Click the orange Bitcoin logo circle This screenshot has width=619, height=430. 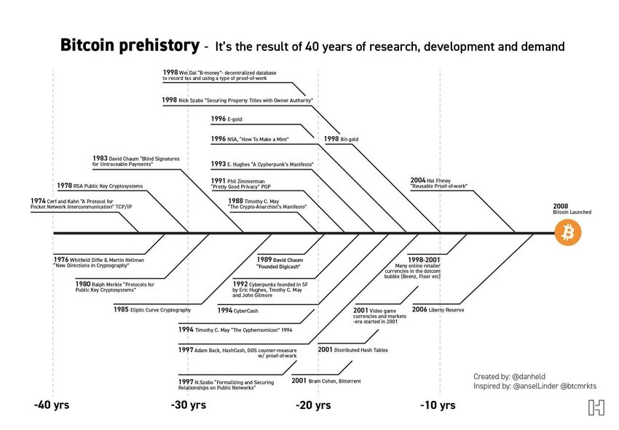click(569, 234)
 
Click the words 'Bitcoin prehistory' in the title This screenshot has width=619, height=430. click(128, 47)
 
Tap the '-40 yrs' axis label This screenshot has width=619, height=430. click(51, 405)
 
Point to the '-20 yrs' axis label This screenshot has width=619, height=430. click(313, 405)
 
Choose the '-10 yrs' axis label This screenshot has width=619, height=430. click(438, 405)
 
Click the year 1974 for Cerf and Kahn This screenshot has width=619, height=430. click(38, 201)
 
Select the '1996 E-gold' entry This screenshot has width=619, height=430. click(226, 119)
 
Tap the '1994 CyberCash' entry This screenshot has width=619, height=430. click(237, 311)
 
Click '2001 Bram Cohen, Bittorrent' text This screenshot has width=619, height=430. click(326, 381)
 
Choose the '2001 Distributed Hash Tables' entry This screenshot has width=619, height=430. click(352, 350)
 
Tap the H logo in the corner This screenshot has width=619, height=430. click(596, 407)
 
